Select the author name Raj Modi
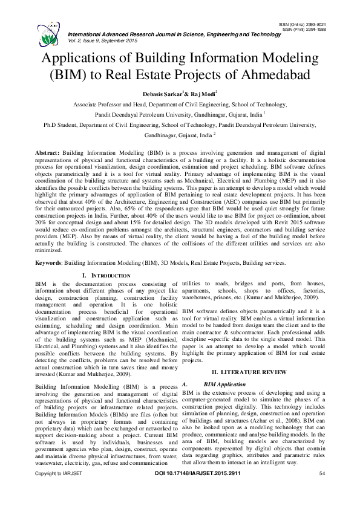[203, 94]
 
